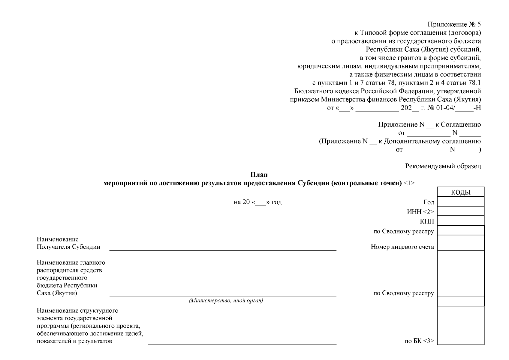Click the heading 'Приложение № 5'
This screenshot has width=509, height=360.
click(x=454, y=24)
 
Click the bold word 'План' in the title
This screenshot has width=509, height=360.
click(x=259, y=175)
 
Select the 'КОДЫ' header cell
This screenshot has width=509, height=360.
click(x=461, y=192)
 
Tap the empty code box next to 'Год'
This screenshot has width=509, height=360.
click(x=461, y=202)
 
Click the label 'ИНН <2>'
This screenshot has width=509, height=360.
click(x=420, y=212)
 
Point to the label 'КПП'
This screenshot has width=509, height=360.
click(x=427, y=222)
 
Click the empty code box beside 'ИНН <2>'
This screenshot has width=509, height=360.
click(x=461, y=211)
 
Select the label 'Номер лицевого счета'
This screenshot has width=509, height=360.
click(x=402, y=247)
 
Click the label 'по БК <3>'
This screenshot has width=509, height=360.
click(x=419, y=341)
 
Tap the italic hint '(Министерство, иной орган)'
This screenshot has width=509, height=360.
click(x=226, y=301)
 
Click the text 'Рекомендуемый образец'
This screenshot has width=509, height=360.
click(x=443, y=166)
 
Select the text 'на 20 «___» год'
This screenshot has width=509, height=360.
click(x=258, y=202)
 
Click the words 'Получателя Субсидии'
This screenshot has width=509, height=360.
click(x=68, y=247)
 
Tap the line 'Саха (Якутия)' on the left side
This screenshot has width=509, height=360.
click(x=57, y=293)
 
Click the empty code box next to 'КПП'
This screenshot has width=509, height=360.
click(x=461, y=221)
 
